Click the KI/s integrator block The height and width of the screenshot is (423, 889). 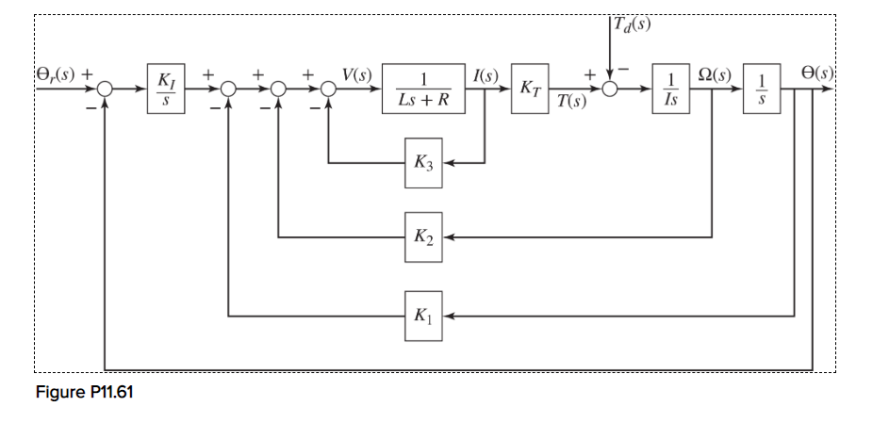(166, 90)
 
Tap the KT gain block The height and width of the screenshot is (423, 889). (529, 90)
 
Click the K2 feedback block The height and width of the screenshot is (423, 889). (423, 236)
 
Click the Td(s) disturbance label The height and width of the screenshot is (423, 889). (631, 26)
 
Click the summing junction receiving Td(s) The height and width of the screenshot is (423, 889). (612, 90)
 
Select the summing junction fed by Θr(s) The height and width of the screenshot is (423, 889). (106, 90)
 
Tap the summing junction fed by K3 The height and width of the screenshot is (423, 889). (328, 90)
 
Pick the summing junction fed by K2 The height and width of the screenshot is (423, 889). (278, 90)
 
